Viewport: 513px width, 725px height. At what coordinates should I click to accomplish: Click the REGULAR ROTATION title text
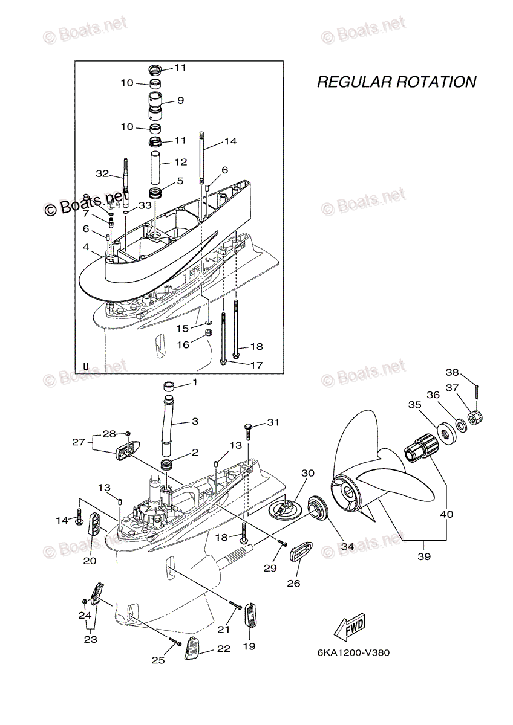pyautogui.click(x=396, y=82)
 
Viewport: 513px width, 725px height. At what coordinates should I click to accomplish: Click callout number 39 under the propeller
pyautogui.click(x=424, y=556)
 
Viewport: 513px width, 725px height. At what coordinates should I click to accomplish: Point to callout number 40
pyautogui.click(x=446, y=514)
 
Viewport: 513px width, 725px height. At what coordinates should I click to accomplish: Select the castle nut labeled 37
pyautogui.click(x=474, y=417)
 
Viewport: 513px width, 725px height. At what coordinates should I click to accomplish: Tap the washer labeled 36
pyautogui.click(x=460, y=425)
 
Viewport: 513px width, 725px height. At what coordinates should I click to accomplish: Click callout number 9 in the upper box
pyautogui.click(x=180, y=100)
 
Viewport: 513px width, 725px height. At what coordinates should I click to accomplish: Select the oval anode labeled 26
pyautogui.click(x=301, y=552)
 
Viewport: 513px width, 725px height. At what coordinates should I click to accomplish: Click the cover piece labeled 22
pyautogui.click(x=192, y=650)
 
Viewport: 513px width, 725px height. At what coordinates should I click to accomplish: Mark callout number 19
pyautogui.click(x=249, y=646)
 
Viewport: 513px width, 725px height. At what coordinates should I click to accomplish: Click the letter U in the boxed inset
pyautogui.click(x=85, y=366)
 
